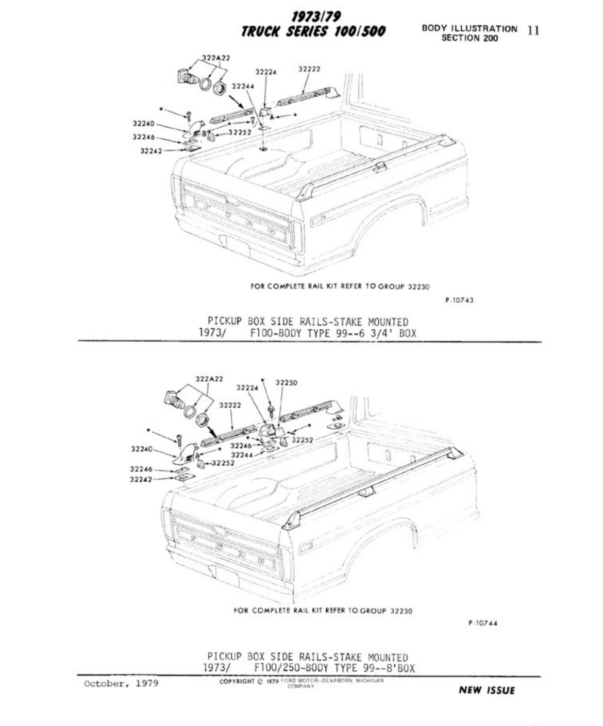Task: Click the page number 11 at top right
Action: click(533, 30)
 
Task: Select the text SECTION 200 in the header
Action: click(470, 38)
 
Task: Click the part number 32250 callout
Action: click(286, 383)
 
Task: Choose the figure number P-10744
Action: click(483, 622)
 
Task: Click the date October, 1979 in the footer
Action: click(121, 684)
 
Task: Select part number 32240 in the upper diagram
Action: click(143, 124)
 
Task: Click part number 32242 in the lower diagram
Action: click(140, 479)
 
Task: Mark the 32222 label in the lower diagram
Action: click(230, 406)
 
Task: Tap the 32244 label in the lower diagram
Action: click(241, 455)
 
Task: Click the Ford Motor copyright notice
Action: click(301, 682)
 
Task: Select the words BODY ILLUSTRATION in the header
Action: click(469, 29)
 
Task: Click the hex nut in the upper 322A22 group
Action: click(220, 89)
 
